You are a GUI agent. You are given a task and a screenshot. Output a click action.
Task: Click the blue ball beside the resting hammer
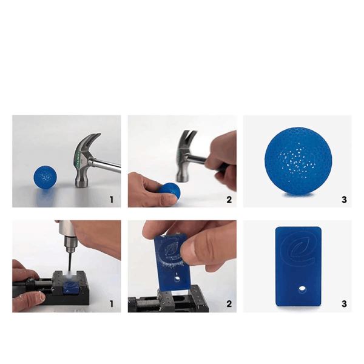pyautogui.click(x=45, y=177)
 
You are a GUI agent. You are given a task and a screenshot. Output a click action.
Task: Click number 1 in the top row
pyautogui.click(x=112, y=200)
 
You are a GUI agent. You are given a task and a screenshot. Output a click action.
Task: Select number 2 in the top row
pyautogui.click(x=229, y=200)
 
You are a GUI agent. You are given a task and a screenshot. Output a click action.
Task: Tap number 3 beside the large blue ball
pyautogui.click(x=344, y=200)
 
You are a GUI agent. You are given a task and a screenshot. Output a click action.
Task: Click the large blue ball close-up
pyautogui.click(x=298, y=160)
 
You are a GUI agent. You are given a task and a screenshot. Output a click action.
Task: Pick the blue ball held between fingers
pyautogui.click(x=170, y=191)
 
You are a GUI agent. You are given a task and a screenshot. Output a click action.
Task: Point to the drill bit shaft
pyautogui.click(x=69, y=261)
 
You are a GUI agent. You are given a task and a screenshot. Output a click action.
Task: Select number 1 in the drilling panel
pyautogui.click(x=112, y=304)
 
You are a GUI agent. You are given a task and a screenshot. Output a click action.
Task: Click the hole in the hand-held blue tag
pyautogui.click(x=178, y=278)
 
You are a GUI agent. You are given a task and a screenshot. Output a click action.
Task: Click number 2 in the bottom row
pyautogui.click(x=229, y=304)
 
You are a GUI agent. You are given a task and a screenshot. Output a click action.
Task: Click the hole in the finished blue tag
pyautogui.click(x=302, y=289)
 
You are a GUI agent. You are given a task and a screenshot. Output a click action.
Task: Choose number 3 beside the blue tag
pyautogui.click(x=344, y=304)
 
